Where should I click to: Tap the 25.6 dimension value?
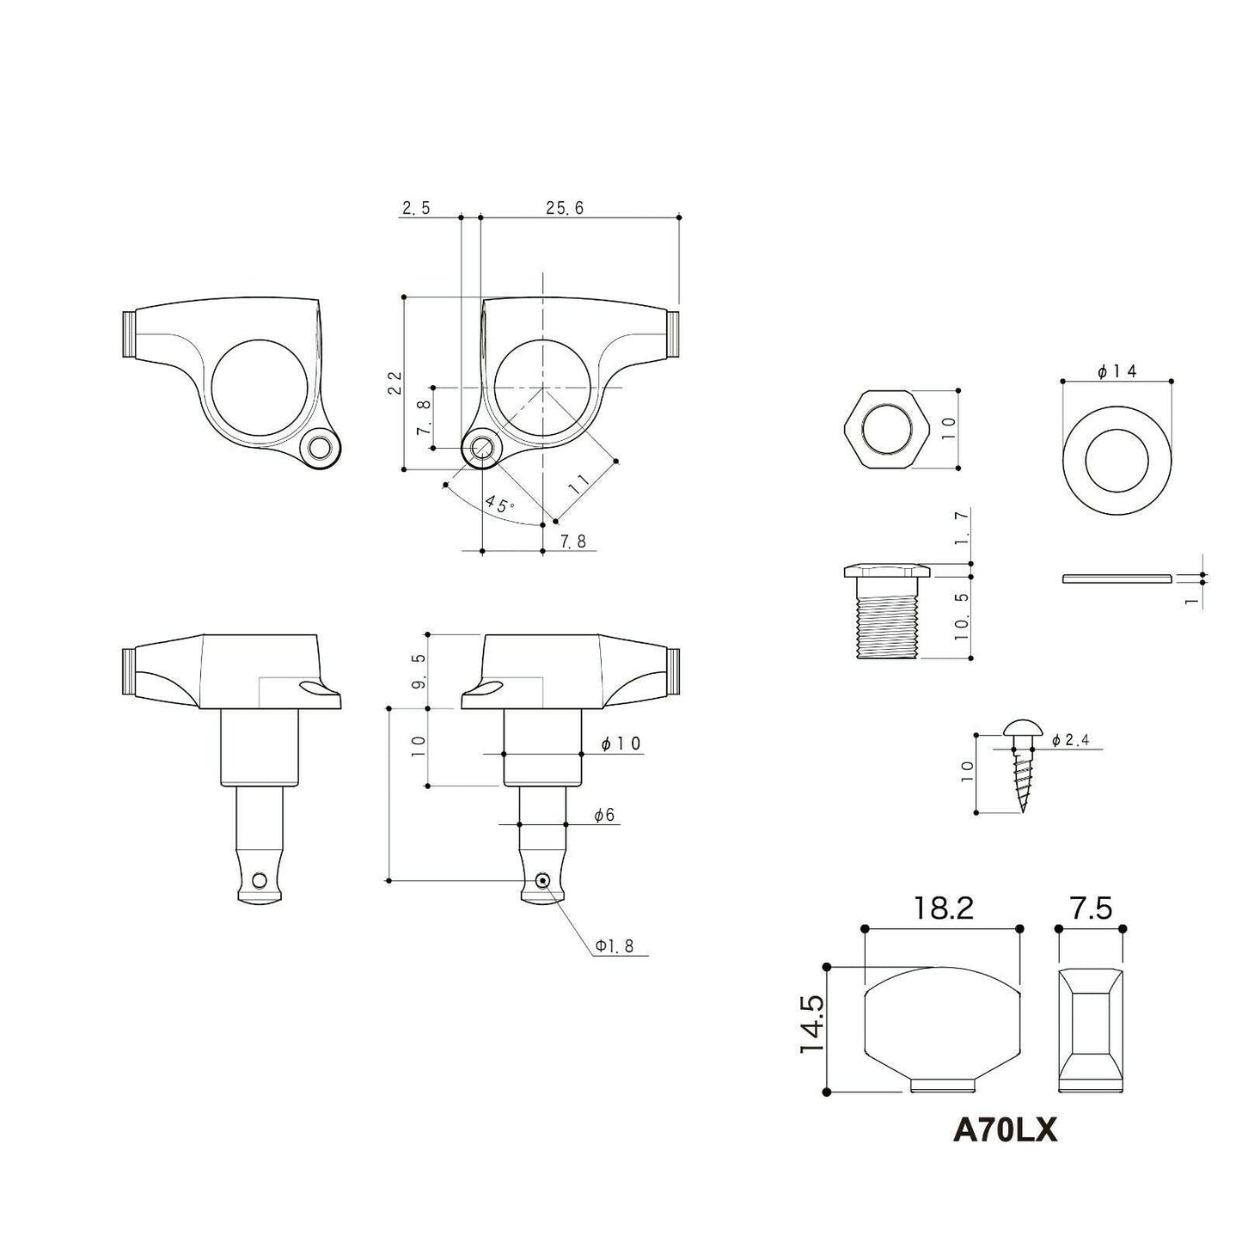point(565,207)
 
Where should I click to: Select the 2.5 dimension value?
point(416,207)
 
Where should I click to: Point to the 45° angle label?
point(500,504)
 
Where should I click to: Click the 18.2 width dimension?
point(942,909)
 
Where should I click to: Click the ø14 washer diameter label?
point(1117,371)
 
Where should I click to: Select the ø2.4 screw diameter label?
point(1070,741)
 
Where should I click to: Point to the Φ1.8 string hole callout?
point(615,945)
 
